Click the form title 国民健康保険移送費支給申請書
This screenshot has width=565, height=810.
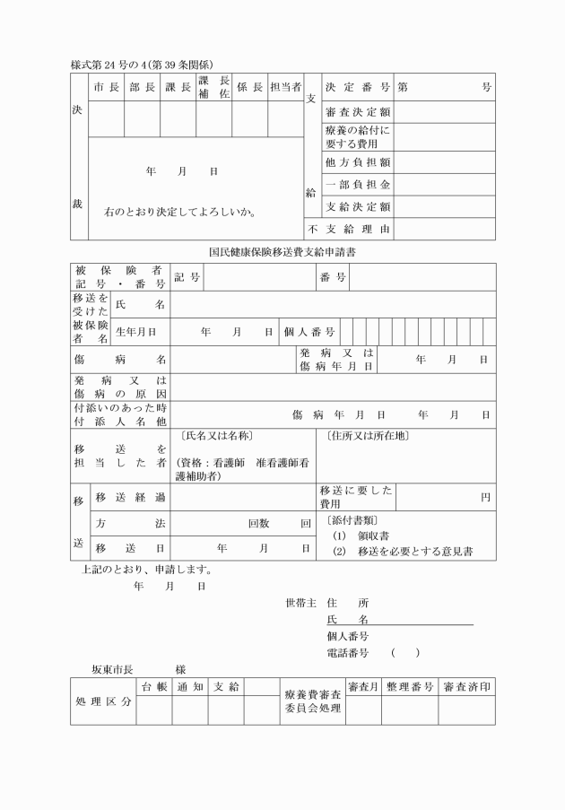click(x=282, y=253)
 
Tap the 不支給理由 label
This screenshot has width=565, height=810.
click(x=350, y=230)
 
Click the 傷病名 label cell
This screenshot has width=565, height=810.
click(x=120, y=360)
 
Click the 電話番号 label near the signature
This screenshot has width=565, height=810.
click(x=353, y=652)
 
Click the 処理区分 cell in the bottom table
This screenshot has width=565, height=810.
click(x=103, y=701)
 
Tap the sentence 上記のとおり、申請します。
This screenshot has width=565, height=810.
click(x=145, y=569)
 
